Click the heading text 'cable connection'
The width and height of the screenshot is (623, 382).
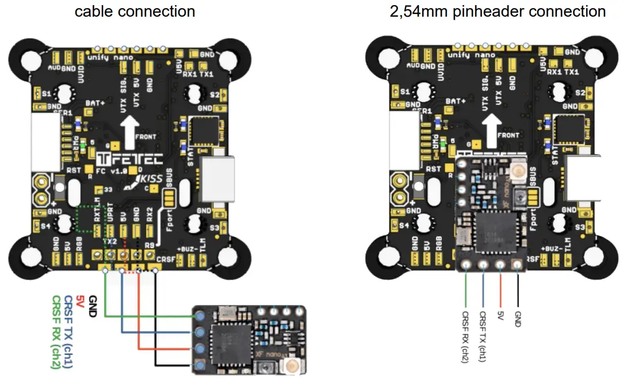tap(135, 11)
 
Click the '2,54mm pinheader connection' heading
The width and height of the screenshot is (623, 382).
tap(498, 11)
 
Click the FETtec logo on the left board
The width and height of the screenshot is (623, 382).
tap(130, 159)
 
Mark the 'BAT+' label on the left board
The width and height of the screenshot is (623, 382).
tap(95, 102)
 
